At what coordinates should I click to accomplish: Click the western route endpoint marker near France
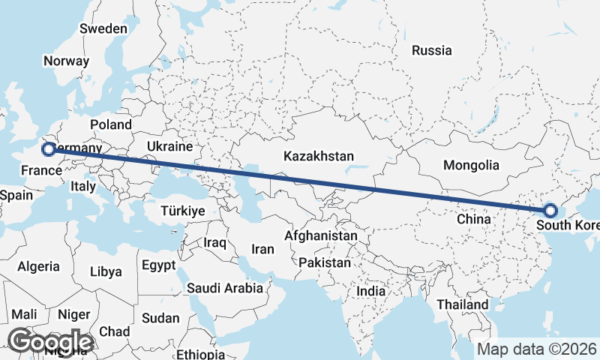click(x=48, y=149)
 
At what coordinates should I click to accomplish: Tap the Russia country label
click(x=432, y=51)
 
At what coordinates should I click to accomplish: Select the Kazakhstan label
click(x=318, y=157)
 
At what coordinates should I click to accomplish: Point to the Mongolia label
click(x=471, y=165)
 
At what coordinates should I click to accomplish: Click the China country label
click(x=473, y=220)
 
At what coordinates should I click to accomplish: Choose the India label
click(x=370, y=291)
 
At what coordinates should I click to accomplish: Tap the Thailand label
click(x=463, y=305)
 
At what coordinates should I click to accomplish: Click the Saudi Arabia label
click(x=225, y=288)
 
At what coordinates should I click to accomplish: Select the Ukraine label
click(x=169, y=145)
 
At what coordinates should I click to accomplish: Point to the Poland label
click(x=110, y=124)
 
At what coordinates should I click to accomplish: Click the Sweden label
click(x=103, y=28)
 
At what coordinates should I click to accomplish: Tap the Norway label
click(x=67, y=61)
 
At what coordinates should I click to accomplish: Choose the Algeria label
click(x=38, y=266)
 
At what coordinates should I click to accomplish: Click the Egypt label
click(x=158, y=265)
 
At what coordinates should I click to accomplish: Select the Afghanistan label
click(x=320, y=235)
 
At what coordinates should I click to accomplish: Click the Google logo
click(x=49, y=341)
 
